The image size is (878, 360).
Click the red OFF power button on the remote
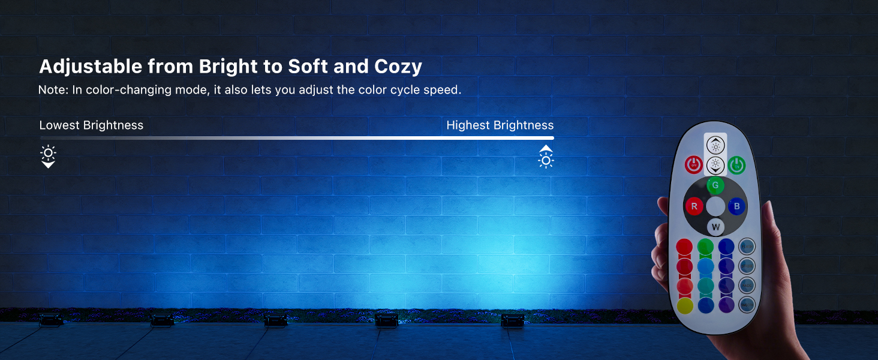point(693,164)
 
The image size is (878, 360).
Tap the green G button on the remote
point(715,185)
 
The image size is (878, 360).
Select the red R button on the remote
point(694,206)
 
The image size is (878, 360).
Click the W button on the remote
point(715,227)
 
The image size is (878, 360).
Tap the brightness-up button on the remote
point(715,145)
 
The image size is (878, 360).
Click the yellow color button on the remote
point(684,306)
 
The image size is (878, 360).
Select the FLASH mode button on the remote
point(747,246)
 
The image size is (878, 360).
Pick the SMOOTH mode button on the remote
point(747,305)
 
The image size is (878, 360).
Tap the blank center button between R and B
point(715,206)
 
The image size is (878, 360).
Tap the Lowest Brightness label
point(91,125)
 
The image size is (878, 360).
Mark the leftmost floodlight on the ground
point(50,320)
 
